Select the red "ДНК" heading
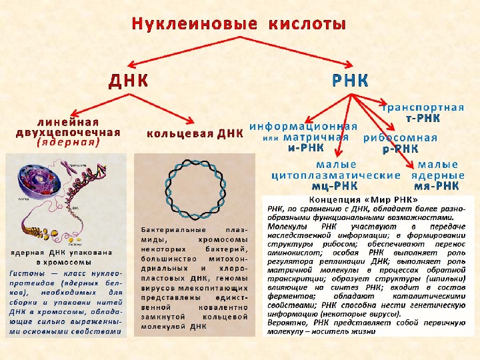(x=128, y=81)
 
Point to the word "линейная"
(x=69, y=123)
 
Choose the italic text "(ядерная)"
(x=69, y=142)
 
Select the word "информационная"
(x=303, y=125)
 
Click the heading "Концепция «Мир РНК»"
(x=364, y=199)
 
